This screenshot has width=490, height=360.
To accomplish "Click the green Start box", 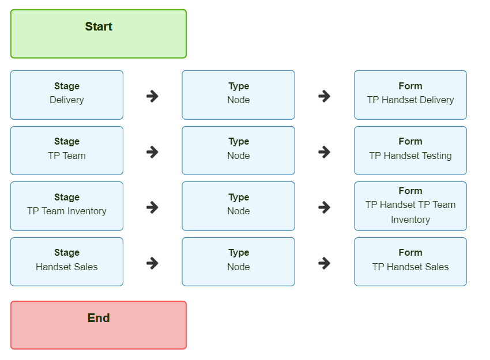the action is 99,34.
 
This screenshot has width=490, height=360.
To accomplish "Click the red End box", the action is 99,325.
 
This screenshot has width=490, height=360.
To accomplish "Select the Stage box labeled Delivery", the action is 66,95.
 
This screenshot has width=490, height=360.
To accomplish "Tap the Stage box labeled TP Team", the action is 66,150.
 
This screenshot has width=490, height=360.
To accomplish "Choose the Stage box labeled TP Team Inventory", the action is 66,206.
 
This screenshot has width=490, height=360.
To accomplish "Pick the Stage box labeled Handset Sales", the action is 66,262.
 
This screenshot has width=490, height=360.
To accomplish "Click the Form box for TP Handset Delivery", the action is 410,95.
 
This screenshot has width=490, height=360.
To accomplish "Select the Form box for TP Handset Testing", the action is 410,150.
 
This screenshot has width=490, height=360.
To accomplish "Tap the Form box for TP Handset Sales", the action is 410,262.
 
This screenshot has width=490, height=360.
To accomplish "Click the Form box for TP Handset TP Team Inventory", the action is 410,206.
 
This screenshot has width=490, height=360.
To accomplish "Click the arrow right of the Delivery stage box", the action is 152,96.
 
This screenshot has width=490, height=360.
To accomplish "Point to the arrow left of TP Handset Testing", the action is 324,152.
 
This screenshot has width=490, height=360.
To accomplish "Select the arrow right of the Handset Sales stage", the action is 152,263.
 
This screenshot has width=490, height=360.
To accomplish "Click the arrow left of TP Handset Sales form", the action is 324,263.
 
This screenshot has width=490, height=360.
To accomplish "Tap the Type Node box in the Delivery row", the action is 239,95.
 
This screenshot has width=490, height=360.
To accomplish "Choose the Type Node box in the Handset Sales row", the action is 239,262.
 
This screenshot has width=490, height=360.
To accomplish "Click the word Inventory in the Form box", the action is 410,220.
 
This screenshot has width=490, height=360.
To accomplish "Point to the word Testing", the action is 436,156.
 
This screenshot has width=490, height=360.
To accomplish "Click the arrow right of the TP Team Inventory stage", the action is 152,207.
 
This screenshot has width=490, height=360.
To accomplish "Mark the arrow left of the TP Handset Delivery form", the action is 324,96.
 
